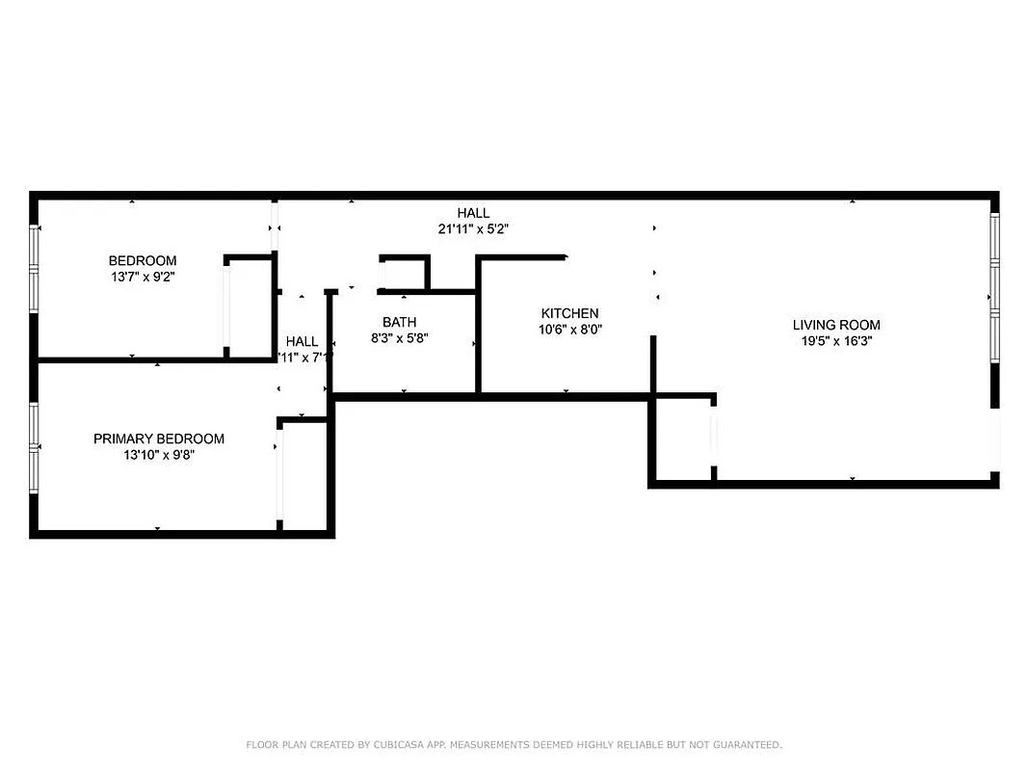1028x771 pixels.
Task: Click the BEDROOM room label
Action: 143,260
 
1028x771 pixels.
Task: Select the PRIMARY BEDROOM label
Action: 159,439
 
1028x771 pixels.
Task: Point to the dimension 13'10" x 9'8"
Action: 159,455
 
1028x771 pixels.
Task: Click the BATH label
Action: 399,322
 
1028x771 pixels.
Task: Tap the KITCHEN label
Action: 569,313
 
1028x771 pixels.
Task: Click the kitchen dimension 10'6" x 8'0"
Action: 569,330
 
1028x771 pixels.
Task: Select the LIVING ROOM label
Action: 836,325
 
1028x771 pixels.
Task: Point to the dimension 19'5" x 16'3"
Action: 836,341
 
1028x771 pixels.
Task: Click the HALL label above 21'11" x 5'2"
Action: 473,213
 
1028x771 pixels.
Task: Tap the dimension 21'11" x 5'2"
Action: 473,229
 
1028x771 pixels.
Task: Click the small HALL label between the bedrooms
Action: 302,341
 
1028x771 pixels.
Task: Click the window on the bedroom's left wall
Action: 35,269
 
